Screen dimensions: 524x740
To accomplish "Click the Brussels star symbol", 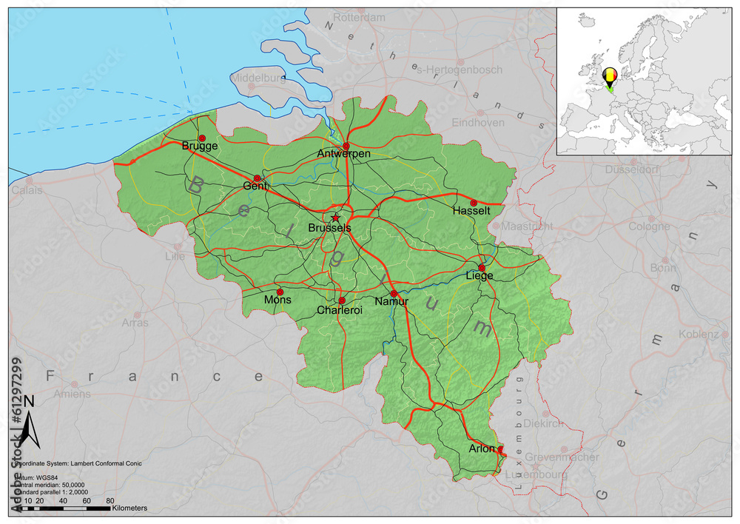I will click(335, 218).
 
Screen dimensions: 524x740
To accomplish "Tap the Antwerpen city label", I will click(343, 153).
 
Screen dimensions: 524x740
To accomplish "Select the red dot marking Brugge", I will click(202, 138).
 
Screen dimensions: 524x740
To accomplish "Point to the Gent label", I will click(255, 187).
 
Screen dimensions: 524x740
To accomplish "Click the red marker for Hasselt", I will click(474, 203).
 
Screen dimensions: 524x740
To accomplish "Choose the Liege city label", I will click(480, 276).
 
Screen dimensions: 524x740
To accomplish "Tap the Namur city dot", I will click(394, 294).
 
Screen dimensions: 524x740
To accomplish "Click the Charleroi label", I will click(340, 310).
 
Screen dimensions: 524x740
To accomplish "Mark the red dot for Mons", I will click(280, 292).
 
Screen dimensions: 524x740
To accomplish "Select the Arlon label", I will click(482, 449).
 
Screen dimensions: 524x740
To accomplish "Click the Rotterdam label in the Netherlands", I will click(360, 17).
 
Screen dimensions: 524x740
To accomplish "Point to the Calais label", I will click(27, 190).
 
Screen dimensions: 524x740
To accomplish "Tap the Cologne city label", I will click(649, 226).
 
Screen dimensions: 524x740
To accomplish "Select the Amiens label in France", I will click(72, 394).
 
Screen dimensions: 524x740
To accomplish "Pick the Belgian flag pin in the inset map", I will click(610, 76).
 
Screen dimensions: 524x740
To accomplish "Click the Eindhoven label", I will click(477, 122).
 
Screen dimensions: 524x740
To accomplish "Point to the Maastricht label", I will click(527, 226).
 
